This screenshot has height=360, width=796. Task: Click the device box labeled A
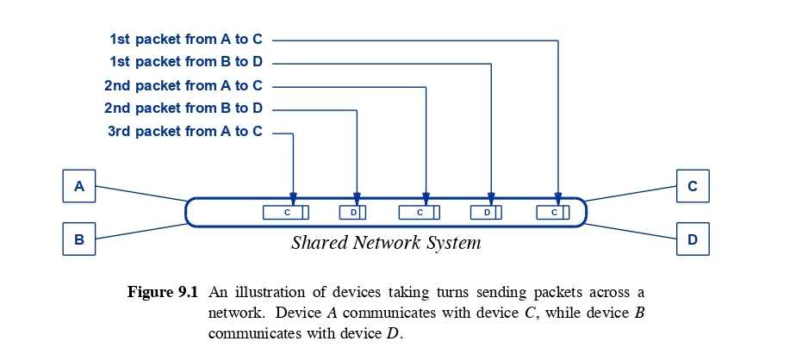pos(79,186)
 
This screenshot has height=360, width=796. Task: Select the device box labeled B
pos(79,239)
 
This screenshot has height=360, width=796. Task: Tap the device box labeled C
pos(692,186)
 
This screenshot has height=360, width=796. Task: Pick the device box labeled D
pos(692,239)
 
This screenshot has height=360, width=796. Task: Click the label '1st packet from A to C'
pos(185,39)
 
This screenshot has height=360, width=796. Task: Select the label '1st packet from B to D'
pos(185,62)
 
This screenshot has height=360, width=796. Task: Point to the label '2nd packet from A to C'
pos(183,85)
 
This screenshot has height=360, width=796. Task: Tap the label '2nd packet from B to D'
pos(183,109)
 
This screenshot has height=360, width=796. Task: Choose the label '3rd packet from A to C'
pos(184,132)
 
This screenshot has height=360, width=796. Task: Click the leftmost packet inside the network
pos(285,212)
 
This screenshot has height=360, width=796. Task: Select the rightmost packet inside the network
pos(553,212)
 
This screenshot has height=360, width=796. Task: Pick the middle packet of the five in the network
pos(420,212)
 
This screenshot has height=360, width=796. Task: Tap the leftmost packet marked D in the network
pos(353,212)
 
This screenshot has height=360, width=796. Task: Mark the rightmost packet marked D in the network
pos(487,212)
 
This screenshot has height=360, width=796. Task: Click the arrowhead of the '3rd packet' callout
pos(293,199)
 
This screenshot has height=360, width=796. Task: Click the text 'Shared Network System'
pos(385,243)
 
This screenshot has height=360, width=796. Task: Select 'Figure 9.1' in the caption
pos(163,292)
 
